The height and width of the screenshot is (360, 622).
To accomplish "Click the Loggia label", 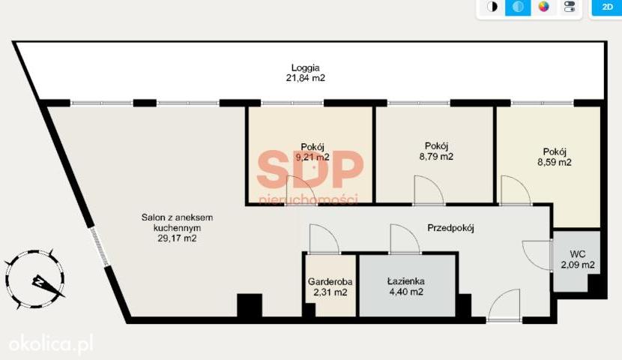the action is point(306,67).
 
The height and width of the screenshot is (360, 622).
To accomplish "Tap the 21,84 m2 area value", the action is point(306,78).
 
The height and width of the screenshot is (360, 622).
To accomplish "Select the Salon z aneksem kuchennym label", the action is point(177,223).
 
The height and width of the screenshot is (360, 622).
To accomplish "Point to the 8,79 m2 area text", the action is point(436,157).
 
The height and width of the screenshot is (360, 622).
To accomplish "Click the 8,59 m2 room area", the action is point(555,162).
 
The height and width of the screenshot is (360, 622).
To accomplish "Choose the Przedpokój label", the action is point(450,228).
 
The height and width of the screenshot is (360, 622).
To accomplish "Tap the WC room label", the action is point(578,254).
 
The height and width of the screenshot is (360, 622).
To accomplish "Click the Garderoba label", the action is point(330,282).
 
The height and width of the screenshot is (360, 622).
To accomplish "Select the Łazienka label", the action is point(406,281).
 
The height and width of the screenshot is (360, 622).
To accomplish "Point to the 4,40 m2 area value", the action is point(406,292).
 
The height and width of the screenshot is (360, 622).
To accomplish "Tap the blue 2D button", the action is point(607,7).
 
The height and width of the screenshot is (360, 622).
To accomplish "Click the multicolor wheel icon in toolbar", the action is point(543,7).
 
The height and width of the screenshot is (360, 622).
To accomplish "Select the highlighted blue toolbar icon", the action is point(518,7).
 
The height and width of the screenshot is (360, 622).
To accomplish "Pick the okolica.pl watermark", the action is point(51,343).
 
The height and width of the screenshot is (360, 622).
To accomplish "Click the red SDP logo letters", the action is point(310,169).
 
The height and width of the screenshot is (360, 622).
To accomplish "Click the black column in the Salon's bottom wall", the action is point(250,305).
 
